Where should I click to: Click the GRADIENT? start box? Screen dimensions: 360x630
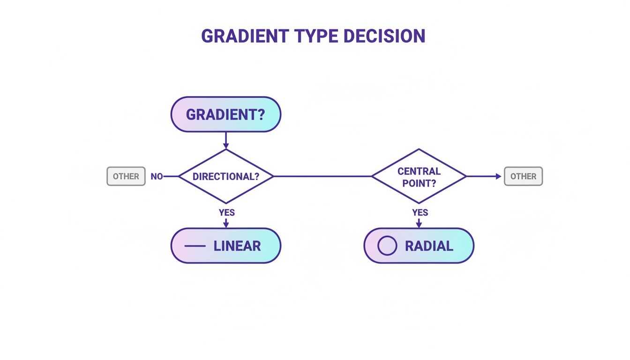coord(225,114)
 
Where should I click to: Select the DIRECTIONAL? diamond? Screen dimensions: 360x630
coord(226,176)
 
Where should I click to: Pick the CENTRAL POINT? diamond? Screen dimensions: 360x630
coord(419,176)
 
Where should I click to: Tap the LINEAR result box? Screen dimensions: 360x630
coord(225,246)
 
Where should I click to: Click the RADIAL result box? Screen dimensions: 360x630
coord(419,246)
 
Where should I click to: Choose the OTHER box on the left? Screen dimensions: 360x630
coord(126,176)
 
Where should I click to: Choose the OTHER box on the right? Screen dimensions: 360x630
coord(523,176)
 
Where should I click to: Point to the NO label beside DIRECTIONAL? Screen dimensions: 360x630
coord(157,177)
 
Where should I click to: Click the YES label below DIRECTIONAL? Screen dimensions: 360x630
coord(226,212)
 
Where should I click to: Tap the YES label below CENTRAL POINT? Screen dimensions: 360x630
coord(420,212)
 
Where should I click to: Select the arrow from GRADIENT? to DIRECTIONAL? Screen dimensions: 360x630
coord(226,140)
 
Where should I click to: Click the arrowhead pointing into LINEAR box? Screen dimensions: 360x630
coord(226,225)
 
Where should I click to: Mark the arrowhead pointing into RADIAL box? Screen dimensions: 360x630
coord(419,225)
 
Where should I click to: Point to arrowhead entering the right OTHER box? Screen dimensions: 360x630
coord(498,176)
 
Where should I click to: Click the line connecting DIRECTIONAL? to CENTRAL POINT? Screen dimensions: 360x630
coord(322,176)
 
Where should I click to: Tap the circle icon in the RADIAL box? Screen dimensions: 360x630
coord(387,246)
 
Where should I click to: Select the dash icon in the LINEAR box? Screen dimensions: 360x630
coord(195,246)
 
